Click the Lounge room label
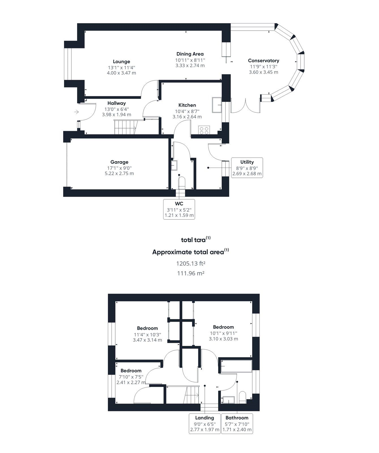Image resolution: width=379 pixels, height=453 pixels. click(x=122, y=61)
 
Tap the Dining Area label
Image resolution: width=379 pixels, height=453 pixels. click(x=190, y=54)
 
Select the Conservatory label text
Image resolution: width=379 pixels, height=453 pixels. click(x=263, y=61)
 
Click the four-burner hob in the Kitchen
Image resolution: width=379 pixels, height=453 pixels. click(x=204, y=130)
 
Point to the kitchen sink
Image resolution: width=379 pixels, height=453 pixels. click(x=217, y=105)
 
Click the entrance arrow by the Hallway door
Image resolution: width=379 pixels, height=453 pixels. click(x=76, y=112)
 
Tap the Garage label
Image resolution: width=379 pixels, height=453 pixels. click(x=119, y=162)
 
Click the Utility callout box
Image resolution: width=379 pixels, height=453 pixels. click(x=247, y=168)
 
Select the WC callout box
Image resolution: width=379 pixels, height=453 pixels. click(x=179, y=209)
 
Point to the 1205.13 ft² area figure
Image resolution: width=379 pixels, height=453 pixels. click(x=191, y=264)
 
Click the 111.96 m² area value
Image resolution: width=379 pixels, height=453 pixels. click(x=191, y=273)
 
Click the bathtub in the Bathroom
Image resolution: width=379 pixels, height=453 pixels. click(x=236, y=366)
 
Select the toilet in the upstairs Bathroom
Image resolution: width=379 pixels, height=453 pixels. click(x=243, y=397)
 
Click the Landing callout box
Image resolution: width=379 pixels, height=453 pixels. click(x=205, y=424)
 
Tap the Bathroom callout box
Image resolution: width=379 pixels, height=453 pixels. click(x=237, y=424)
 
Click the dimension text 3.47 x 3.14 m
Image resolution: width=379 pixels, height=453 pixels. click(x=147, y=340)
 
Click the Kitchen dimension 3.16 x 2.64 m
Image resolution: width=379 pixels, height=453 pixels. click(x=187, y=117)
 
